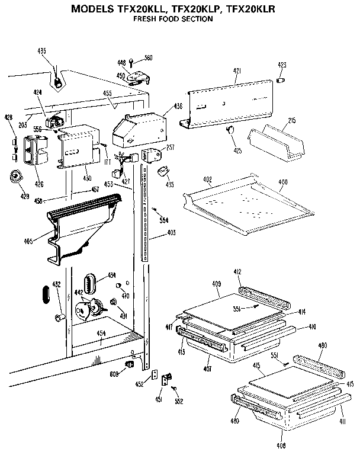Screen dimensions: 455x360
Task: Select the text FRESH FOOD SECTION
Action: click(x=172, y=19)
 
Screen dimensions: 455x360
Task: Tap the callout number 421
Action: click(x=237, y=71)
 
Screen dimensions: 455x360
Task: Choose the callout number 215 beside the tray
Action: click(x=291, y=120)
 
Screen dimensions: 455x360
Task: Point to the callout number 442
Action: click(x=78, y=293)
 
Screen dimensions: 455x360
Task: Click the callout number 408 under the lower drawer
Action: click(x=281, y=445)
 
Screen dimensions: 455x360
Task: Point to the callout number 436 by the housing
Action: click(x=178, y=107)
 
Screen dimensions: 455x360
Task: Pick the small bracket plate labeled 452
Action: click(x=156, y=375)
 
